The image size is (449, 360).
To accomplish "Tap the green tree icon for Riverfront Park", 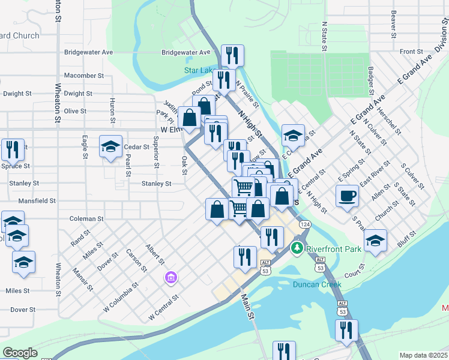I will [x=297, y=247].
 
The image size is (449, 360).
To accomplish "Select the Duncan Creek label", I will [x=317, y=284].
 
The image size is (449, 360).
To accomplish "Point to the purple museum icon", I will [x=171, y=278].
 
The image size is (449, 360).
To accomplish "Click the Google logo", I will [x=20, y=353].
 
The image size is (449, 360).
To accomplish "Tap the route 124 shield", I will [x=306, y=224].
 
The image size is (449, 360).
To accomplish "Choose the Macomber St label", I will [x=84, y=76].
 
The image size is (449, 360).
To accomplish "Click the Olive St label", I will [x=75, y=111].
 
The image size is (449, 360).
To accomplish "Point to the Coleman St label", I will [x=87, y=219].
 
